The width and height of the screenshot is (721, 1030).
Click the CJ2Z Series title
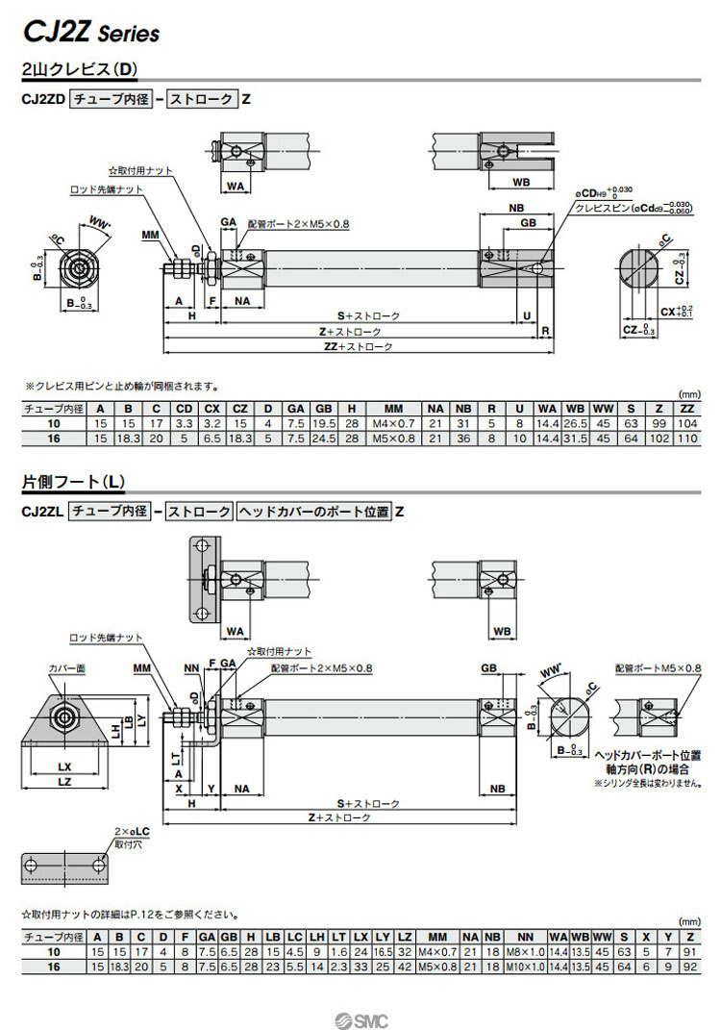(x=91, y=33)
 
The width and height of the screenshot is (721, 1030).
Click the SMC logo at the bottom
(x=360, y=1018)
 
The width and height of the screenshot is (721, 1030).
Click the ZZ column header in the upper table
(x=686, y=409)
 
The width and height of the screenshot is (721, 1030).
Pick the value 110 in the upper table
(x=686, y=439)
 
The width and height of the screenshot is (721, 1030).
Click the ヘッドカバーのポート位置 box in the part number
(x=314, y=512)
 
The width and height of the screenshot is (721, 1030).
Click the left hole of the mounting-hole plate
(x=33, y=867)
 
